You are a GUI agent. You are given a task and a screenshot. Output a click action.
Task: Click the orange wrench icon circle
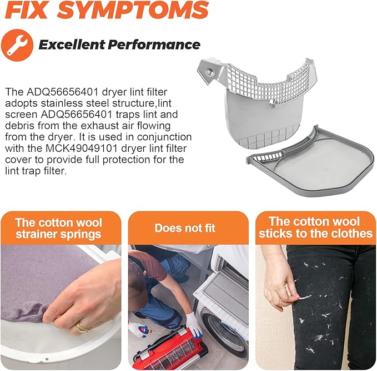point(17,45)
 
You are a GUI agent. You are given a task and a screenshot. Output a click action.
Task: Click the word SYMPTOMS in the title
point(133,10)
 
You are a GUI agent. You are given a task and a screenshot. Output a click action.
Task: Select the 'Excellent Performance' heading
point(119,44)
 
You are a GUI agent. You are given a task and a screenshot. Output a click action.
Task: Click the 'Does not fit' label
point(185,228)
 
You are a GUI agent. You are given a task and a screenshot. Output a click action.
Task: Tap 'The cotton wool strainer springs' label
point(58,228)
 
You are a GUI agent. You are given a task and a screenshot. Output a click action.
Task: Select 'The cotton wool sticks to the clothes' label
point(315,227)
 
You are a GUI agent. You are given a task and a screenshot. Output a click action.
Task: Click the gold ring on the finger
point(82,327)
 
